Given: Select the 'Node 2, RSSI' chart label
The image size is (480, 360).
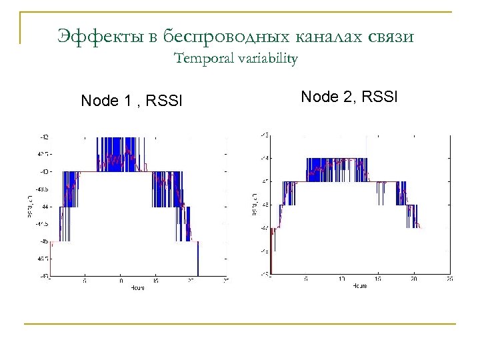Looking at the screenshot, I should pos(349,97).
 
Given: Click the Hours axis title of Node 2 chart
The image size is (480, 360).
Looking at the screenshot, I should pos(359,285).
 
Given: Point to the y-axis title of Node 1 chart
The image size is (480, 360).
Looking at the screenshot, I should pos(31,206).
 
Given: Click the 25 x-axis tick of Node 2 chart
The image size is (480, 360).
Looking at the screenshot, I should pos(450,279).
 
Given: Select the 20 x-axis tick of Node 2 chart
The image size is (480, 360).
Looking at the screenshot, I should pos(414,279).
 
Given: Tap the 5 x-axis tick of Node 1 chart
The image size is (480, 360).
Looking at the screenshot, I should pos(85,281).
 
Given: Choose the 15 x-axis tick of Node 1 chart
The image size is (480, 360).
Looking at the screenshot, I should pos(156,281).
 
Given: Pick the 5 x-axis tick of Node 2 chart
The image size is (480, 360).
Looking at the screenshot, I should pos(306,279).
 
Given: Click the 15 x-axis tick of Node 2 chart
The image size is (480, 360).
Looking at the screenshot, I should pos(378,279).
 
